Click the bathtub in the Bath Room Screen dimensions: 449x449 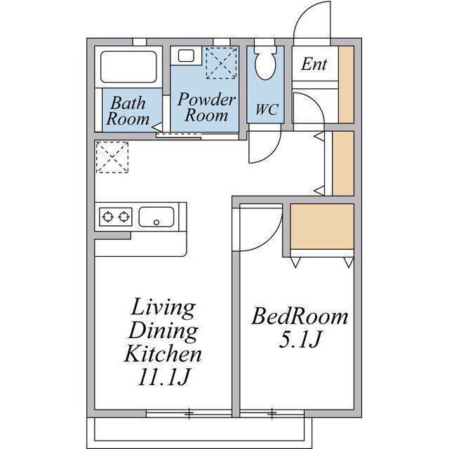pos(128,67)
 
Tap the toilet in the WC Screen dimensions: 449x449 pos(265,62)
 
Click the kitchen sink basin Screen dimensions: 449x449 pos(156,217)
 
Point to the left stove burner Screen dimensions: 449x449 pos(108,217)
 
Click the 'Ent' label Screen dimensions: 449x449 pos(314,64)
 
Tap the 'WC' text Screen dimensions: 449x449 pos(267,109)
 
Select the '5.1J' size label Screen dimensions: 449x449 pos(300,340)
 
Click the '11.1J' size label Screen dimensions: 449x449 pos(164,377)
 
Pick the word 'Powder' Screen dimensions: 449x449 pos(206,100)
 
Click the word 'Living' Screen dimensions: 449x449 pos(163,308)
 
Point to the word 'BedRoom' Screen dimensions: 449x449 pos(300,316)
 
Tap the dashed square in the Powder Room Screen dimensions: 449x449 pos(222,62)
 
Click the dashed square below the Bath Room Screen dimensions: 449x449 pos(112,157)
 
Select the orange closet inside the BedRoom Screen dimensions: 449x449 pos(322,227)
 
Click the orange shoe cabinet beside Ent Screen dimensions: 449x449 pos(347,85)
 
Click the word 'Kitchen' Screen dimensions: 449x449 pos(163,354)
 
